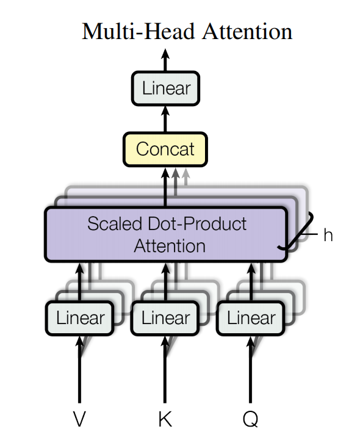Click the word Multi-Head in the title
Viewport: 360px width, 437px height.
[139, 32]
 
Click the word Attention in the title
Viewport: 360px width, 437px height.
[247, 32]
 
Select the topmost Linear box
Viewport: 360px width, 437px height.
[165, 88]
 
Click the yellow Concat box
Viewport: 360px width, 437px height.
[165, 150]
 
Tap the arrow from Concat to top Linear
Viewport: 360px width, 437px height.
[165, 119]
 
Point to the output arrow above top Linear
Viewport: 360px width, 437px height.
[165, 60]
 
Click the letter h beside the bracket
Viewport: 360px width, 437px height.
[328, 235]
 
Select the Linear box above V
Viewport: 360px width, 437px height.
[80, 318]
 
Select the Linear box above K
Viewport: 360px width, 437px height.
[165, 318]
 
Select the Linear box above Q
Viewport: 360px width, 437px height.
[251, 318]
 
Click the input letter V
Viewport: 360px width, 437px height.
[79, 418]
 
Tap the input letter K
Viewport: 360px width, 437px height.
[165, 418]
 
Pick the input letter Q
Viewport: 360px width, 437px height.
[251, 419]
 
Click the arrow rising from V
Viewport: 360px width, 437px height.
[79, 369]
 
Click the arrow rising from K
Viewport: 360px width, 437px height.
[165, 369]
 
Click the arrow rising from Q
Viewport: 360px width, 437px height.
[251, 369]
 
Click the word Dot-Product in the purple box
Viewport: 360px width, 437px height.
[197, 223]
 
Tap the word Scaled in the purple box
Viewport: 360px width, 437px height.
[115, 223]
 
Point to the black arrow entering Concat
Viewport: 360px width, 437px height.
[165, 187]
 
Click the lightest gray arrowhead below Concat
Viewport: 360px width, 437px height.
[185, 173]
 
